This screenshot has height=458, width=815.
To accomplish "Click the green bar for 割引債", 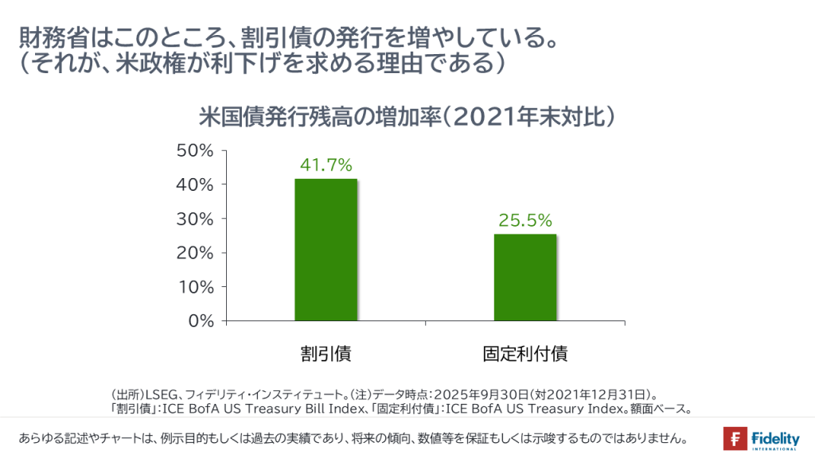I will tap(326, 250).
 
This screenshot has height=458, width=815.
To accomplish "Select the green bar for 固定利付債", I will tap(524, 278).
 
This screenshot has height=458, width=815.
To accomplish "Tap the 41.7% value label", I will tap(326, 165).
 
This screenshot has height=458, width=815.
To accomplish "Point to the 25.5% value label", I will tap(525, 220).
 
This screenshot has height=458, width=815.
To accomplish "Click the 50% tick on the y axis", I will tap(196, 150).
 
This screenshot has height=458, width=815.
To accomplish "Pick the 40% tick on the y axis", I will tap(196, 184).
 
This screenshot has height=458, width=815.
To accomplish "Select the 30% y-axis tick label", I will tap(196, 219).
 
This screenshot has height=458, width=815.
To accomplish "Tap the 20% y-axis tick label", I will tap(196, 253).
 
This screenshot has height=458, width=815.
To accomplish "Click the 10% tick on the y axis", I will tap(196, 287).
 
